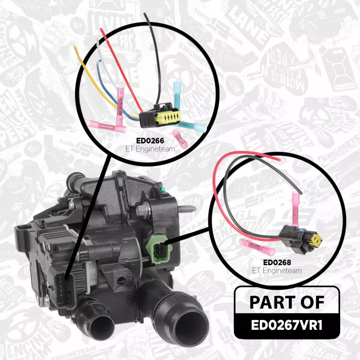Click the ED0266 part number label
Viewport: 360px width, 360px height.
150,140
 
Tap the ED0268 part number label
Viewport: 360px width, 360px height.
277,262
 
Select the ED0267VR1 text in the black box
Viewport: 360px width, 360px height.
287,325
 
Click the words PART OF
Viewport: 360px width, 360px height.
287,302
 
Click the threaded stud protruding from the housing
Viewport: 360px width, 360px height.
187,209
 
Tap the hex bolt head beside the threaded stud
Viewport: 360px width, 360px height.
142,211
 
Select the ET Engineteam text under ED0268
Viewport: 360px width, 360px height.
277,271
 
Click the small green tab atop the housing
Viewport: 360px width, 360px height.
162,189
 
